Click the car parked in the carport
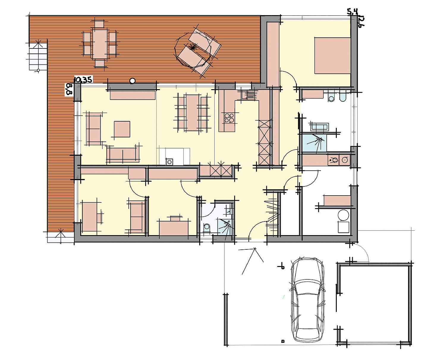pyautogui.click(x=307, y=300)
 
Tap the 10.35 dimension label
pyautogui.click(x=84, y=79)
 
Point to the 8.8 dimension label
pyautogui.click(x=69, y=89)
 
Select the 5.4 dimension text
pyautogui.click(x=352, y=12)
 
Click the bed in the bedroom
pyautogui.click(x=332, y=55)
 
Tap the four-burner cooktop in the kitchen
pyautogui.click(x=229, y=118)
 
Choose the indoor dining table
pyautogui.click(x=192, y=112)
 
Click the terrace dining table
pyautogui.click(x=100, y=44)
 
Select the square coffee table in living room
pyautogui.click(x=122, y=129)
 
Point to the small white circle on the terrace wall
pyautogui.click(x=133, y=81)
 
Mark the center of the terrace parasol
pyautogui.click(x=192, y=48)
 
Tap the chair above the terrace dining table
pyautogui.click(x=99, y=24)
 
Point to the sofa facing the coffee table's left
pyautogui.click(x=93, y=129)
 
